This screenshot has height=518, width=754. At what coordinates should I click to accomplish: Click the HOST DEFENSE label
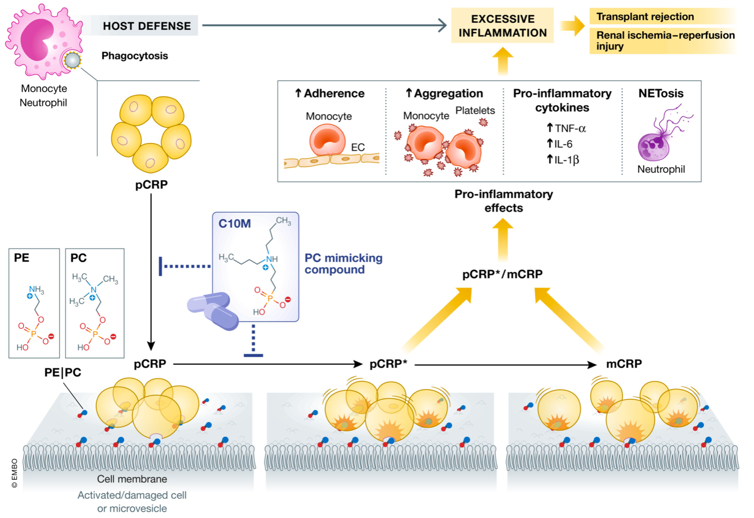click(x=147, y=26)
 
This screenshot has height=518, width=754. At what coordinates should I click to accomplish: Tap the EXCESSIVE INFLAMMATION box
click(x=502, y=26)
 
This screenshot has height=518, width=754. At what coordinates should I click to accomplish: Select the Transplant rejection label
click(x=645, y=17)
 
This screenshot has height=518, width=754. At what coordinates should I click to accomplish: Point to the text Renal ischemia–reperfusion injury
click(x=665, y=41)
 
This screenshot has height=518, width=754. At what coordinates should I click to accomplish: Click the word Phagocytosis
click(x=134, y=56)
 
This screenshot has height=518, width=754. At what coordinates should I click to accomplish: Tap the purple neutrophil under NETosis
click(x=653, y=145)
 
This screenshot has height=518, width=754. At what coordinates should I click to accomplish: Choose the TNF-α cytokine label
click(x=566, y=128)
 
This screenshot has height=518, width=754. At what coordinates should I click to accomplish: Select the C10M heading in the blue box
click(x=234, y=224)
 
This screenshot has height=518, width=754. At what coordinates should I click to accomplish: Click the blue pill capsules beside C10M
click(x=213, y=311)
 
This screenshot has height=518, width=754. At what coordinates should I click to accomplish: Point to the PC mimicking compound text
click(x=343, y=264)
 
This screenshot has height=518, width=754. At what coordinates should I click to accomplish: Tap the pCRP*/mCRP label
click(x=502, y=274)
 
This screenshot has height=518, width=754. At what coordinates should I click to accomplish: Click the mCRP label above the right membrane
click(x=624, y=364)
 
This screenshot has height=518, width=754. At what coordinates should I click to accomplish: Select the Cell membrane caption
click(x=132, y=479)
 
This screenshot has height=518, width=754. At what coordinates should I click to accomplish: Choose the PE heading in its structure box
click(x=21, y=258)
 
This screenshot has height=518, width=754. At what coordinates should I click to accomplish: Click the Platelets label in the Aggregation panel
click(x=475, y=110)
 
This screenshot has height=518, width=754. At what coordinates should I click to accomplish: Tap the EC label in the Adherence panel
click(x=357, y=147)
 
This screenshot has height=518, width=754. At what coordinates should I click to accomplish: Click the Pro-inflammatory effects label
click(x=503, y=201)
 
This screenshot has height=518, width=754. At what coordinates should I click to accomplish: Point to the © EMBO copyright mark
click(x=14, y=473)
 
